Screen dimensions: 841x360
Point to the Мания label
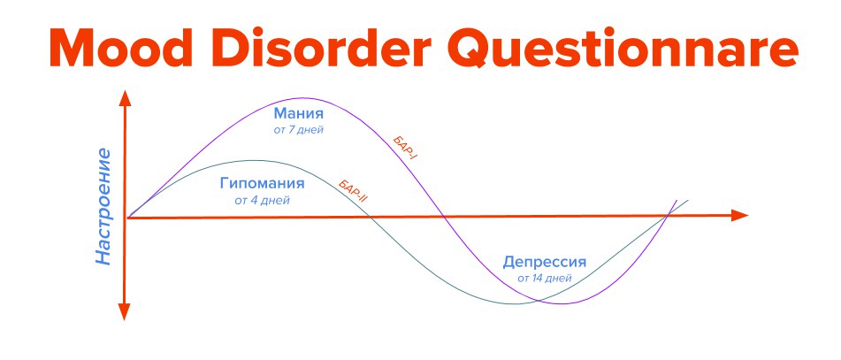click(299, 114)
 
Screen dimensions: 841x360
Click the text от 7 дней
click(299, 130)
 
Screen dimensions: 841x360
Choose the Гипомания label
click(263, 184)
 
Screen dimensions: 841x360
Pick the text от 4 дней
click(263, 201)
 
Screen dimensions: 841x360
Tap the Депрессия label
click(545, 263)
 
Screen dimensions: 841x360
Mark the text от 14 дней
click(545, 279)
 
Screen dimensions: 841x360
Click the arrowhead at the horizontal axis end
click(740, 216)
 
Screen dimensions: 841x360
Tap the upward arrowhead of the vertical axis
click(125, 98)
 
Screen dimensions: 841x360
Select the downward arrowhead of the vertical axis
click(125, 312)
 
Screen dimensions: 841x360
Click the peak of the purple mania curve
click(303, 97)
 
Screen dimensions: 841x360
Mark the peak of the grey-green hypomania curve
click(256, 160)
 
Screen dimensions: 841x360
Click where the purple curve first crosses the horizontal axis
click(444, 216)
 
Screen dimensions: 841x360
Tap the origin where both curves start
click(127, 218)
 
